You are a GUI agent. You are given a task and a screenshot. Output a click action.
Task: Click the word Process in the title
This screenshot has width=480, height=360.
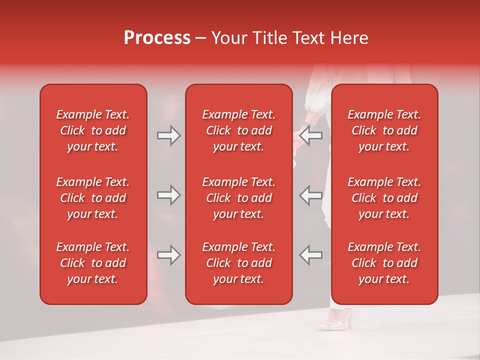click(x=157, y=38)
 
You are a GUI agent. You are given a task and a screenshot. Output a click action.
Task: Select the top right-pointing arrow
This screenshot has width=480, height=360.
click(x=169, y=135)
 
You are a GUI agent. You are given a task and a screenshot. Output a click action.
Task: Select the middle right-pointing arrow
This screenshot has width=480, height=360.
click(x=169, y=195)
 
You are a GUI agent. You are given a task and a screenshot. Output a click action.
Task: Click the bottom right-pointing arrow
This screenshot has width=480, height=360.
click(x=169, y=255)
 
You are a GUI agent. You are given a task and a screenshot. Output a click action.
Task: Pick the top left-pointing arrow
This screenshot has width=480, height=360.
click(x=310, y=135)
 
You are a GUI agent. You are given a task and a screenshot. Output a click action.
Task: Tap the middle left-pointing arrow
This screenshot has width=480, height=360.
click(x=310, y=195)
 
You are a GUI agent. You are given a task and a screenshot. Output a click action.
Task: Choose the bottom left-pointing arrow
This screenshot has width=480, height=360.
click(x=310, y=255)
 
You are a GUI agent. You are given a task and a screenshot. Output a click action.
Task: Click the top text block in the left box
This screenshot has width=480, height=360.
click(x=93, y=130)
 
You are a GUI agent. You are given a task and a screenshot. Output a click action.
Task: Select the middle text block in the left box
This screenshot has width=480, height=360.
click(x=93, y=198)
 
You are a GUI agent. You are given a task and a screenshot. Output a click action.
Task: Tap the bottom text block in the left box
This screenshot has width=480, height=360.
click(x=93, y=263)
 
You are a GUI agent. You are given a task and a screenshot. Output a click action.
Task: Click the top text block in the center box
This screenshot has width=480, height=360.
click(x=238, y=130)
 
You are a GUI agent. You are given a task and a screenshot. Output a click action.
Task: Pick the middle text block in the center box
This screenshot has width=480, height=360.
click(x=238, y=198)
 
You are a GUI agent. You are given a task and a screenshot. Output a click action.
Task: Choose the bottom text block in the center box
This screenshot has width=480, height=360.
click(x=238, y=263)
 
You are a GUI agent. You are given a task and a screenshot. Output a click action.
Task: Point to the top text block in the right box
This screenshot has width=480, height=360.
click(x=384, y=130)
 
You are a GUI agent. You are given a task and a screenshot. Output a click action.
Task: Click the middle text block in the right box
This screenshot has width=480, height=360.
click(x=384, y=198)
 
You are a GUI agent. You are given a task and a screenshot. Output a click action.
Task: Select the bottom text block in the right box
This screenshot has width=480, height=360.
click(x=384, y=263)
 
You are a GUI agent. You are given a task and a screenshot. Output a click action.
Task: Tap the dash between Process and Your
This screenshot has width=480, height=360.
click(x=200, y=38)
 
